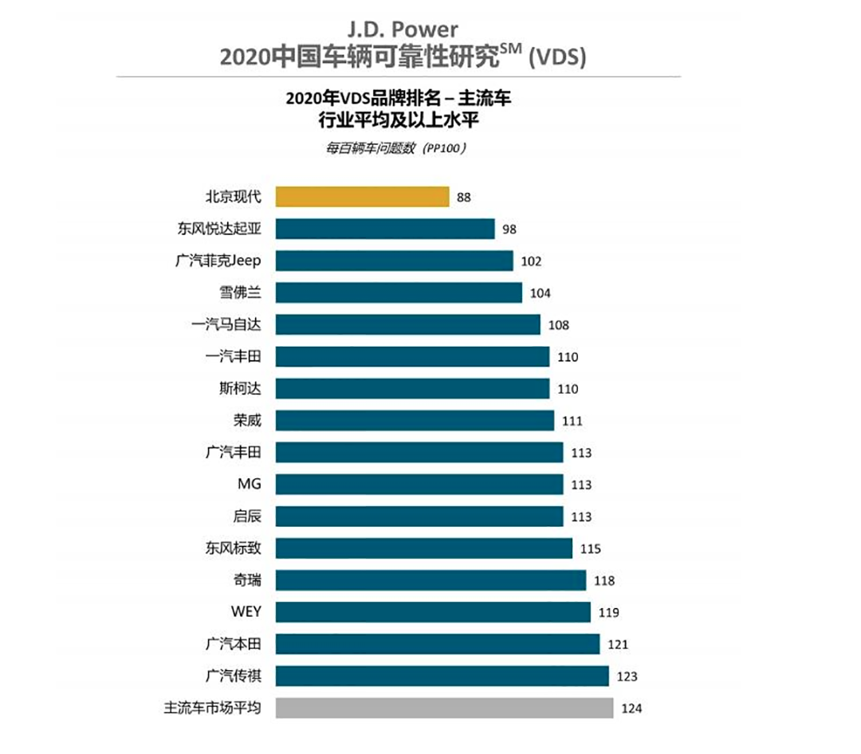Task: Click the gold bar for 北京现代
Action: [363, 197]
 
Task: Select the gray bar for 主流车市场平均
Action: [444, 708]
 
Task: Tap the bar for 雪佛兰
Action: [399, 293]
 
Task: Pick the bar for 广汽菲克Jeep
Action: [395, 261]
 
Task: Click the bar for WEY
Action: [433, 612]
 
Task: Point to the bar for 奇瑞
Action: [431, 580]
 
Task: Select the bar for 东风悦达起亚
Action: [385, 229]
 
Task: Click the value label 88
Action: [464, 198]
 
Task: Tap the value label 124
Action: [631, 709]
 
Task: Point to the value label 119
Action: [609, 613]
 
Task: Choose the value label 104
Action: [541, 293]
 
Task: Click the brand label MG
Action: [249, 484]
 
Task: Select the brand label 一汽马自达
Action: [226, 324]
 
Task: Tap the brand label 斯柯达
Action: [240, 388]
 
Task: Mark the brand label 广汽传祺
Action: [233, 676]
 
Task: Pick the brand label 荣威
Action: [247, 420]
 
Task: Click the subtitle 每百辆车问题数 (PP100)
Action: [395, 148]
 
